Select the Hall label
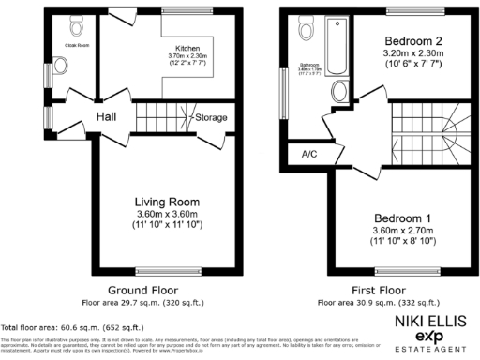click(105, 117)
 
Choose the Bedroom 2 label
click(413, 42)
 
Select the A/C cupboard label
click(307, 154)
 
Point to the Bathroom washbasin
click(340, 91)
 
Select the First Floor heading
click(378, 291)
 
